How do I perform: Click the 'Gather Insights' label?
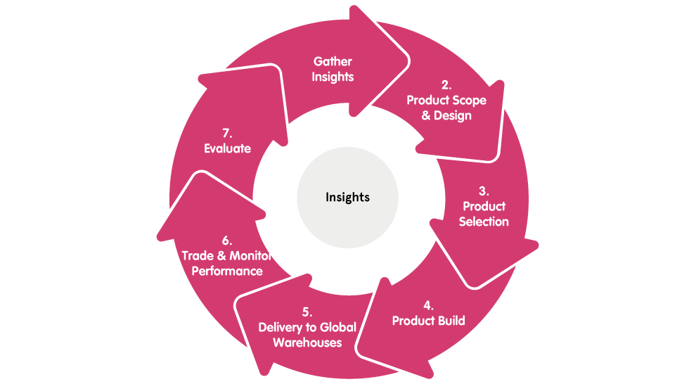(333, 69)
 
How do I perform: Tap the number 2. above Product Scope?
(446, 85)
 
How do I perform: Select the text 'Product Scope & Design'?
(446, 108)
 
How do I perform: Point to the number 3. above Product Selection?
(484, 191)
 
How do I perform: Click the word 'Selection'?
(484, 222)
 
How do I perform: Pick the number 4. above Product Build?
(428, 306)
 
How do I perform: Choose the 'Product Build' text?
(428, 321)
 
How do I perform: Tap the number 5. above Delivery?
(307, 312)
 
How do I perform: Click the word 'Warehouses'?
(307, 343)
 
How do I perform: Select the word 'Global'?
(338, 327)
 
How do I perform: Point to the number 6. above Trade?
(227, 241)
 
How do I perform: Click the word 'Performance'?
(226, 271)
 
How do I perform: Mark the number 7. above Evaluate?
(227, 133)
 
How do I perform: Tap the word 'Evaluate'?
(227, 148)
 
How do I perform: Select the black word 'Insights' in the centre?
(347, 197)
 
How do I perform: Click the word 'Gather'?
(333, 62)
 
